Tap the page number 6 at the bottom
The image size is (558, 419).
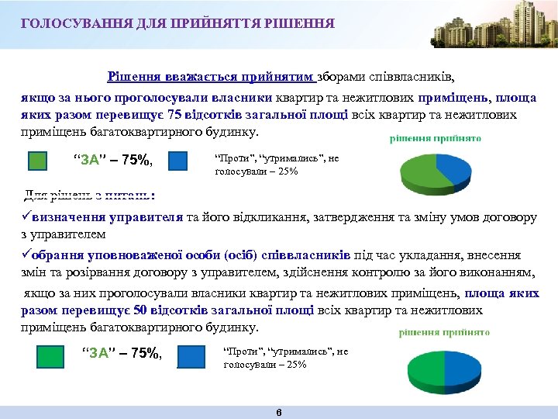pyautogui.click(x=279, y=412)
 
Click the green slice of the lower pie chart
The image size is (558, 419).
pyautogui.click(x=434, y=358)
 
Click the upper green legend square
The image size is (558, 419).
pyautogui.click(x=38, y=161)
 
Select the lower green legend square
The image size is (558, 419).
pyautogui.click(x=50, y=356)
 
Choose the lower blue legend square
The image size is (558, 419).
pyautogui.click(x=191, y=356)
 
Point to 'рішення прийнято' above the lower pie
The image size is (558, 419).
pyautogui.click(x=444, y=332)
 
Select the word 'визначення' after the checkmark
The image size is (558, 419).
pyautogui.click(x=69, y=217)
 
